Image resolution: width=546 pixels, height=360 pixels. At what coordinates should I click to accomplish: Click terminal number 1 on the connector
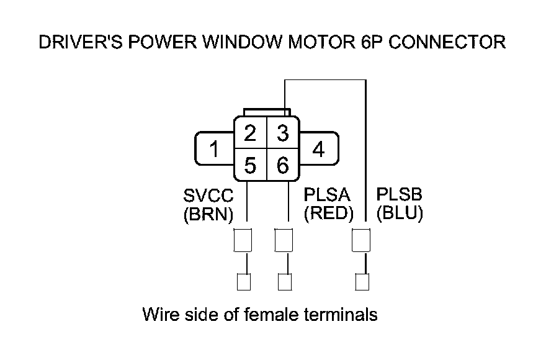(x=213, y=150)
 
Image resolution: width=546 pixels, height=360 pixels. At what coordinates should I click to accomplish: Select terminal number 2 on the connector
(x=250, y=133)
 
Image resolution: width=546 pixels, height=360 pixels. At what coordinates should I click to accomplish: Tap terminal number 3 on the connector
(x=282, y=133)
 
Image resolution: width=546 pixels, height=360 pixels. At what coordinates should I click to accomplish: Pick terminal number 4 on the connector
(x=318, y=150)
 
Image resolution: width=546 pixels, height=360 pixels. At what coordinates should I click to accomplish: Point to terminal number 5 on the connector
(x=250, y=165)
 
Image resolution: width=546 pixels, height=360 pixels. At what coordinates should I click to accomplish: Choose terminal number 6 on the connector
(x=282, y=165)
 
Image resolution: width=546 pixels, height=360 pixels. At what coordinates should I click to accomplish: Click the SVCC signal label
(x=208, y=197)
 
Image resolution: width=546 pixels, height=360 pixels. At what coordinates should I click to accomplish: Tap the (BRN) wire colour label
(x=208, y=214)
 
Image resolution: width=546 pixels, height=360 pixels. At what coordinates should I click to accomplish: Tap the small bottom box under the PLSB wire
(x=363, y=282)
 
